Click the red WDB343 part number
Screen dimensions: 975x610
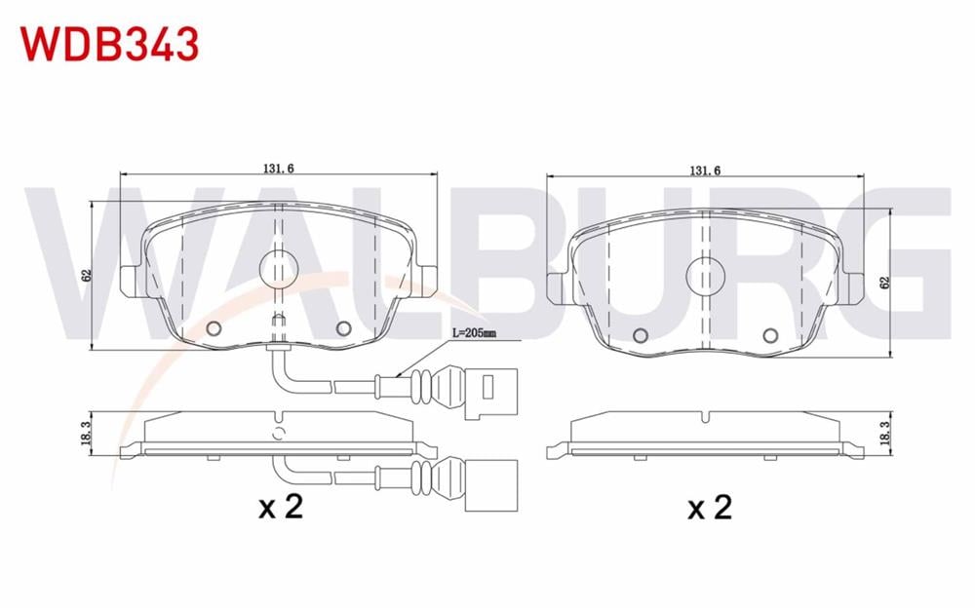click(x=110, y=44)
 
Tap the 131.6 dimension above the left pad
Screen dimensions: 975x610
click(x=278, y=168)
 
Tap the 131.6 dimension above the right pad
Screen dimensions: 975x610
click(x=705, y=171)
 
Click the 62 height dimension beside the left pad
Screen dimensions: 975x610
click(x=87, y=275)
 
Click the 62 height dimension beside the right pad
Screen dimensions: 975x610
click(x=885, y=282)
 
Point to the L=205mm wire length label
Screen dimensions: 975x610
click(x=474, y=333)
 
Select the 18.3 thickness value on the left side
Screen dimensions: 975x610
click(x=86, y=433)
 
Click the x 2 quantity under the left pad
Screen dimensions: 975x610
click(x=281, y=507)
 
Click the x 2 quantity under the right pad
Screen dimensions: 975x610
click(x=710, y=507)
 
